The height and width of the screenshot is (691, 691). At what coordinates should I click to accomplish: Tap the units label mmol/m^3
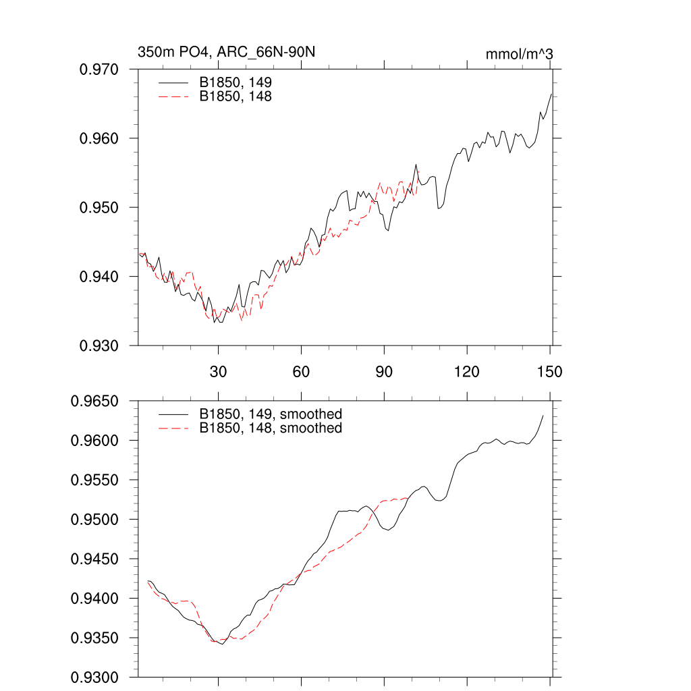click(x=520, y=54)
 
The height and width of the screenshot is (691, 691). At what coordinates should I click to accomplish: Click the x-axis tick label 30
click(x=219, y=371)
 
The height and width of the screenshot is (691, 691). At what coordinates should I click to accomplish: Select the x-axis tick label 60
click(x=301, y=371)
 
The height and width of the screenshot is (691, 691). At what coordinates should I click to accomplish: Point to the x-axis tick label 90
click(x=384, y=371)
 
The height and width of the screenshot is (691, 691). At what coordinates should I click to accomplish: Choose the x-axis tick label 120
click(x=467, y=371)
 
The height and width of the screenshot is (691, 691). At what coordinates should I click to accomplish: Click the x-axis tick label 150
click(x=550, y=371)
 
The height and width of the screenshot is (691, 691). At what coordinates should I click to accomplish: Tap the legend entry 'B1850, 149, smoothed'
click(x=270, y=414)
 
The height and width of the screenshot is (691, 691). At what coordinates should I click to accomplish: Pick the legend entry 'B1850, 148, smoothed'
click(x=270, y=429)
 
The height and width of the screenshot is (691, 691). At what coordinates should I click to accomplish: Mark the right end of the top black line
click(x=552, y=94)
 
